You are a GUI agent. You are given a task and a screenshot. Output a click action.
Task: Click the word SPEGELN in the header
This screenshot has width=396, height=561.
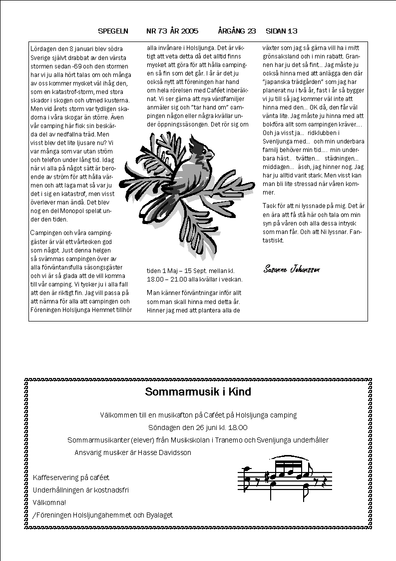[113, 31]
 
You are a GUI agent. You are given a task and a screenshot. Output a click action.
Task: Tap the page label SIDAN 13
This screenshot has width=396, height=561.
[282, 31]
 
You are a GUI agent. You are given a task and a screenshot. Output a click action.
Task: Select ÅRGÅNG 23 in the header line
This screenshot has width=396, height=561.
[237, 31]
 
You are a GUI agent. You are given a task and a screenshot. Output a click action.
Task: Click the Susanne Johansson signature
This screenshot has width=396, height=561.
[292, 269]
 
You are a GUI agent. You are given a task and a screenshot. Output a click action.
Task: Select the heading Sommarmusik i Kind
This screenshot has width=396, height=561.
[198, 391]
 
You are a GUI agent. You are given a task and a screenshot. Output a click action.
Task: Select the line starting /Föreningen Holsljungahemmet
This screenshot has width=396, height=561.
[102, 515]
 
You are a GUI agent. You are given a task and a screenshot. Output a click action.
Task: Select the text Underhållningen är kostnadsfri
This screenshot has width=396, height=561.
[80, 490]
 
